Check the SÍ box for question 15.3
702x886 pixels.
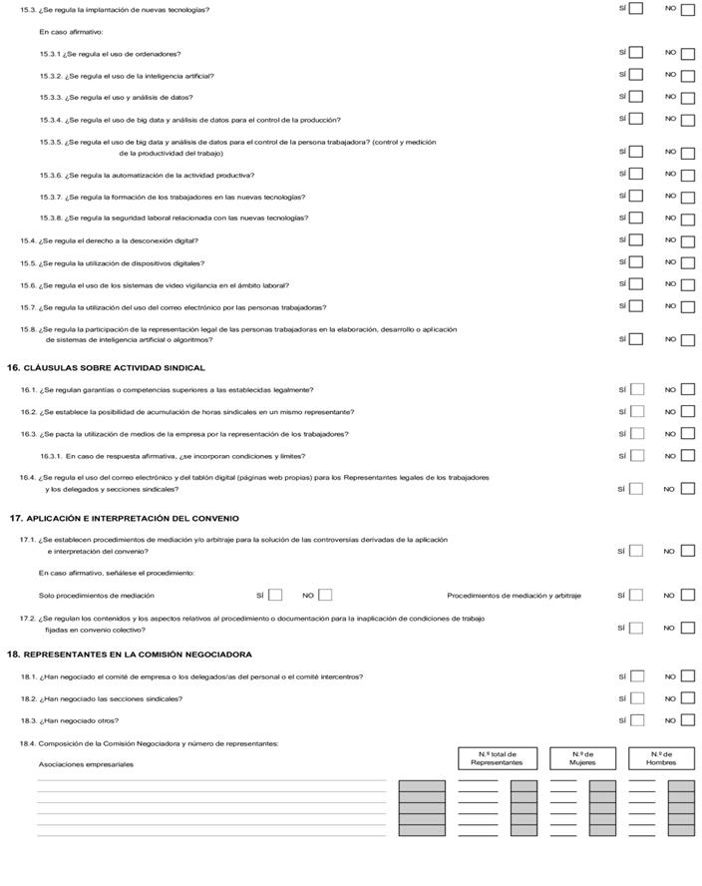636,9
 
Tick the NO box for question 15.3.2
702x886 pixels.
687,76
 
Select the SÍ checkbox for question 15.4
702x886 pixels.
636,240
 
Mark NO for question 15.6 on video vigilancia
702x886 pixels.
687,285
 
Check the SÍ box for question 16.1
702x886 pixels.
636,390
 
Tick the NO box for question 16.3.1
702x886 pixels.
687,456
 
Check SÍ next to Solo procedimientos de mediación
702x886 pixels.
276,596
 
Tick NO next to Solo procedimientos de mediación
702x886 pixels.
325,596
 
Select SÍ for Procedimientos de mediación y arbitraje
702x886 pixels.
636,596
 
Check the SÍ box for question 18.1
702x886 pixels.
636,676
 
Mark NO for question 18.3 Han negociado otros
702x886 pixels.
687,720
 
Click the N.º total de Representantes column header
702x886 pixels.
497,758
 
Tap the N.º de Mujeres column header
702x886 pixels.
582,758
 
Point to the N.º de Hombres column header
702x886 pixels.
661,758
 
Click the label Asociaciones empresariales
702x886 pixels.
86,764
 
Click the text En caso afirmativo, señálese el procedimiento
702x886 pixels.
117,573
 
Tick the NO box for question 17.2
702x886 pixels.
687,629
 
